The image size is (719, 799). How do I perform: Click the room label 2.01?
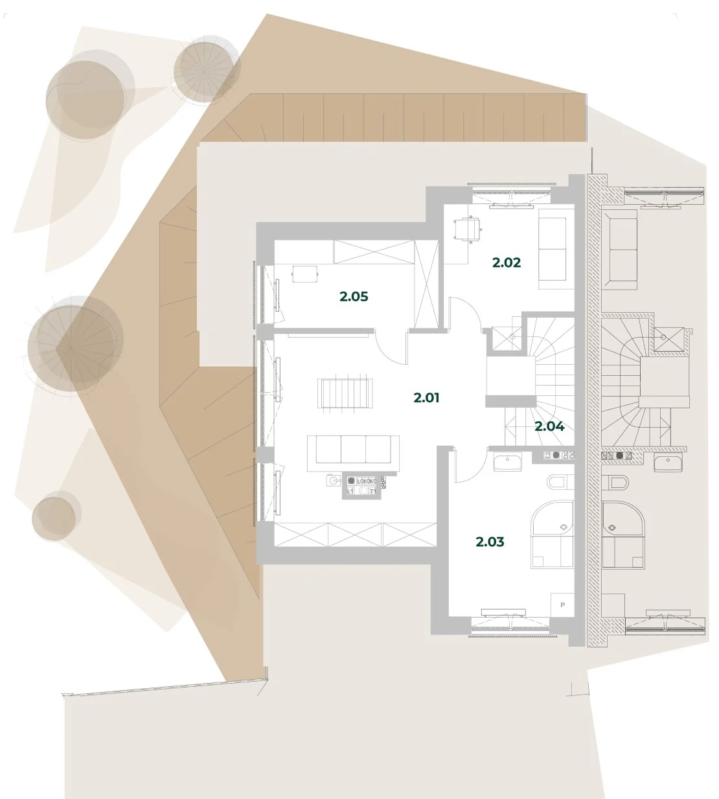426,398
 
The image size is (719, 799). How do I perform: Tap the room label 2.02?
507,263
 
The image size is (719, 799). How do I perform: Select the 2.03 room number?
490,542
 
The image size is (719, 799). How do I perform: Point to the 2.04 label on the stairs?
549,426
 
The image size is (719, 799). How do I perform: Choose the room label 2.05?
354,297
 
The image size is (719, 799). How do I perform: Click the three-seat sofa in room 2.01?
353,453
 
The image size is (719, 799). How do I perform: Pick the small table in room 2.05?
305,274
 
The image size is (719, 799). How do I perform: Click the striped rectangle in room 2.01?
345,393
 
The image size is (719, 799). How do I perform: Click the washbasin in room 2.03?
507,463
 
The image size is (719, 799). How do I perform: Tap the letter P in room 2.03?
563,616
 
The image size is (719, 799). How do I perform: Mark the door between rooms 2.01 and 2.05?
391,347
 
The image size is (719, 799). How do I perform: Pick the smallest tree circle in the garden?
54,518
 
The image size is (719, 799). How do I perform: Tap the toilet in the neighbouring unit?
615,482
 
